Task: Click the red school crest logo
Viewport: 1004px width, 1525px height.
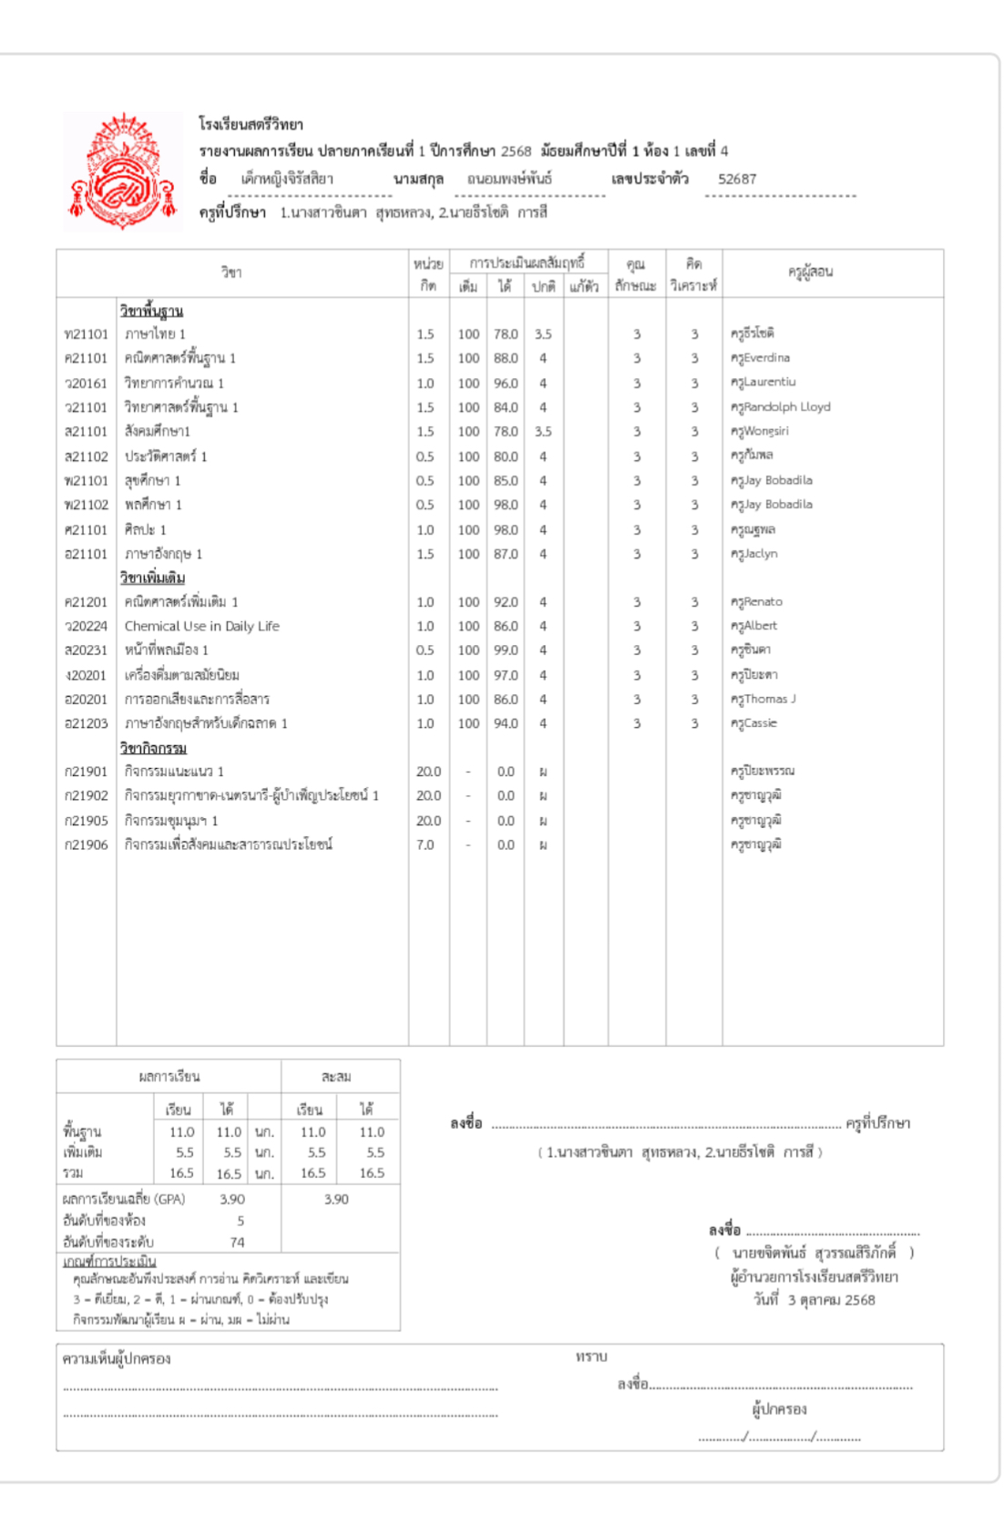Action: click(x=122, y=171)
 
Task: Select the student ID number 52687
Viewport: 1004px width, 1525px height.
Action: click(x=737, y=179)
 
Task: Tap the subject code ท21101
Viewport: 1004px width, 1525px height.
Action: click(x=86, y=334)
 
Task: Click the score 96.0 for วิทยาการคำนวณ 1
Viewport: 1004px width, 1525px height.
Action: click(x=506, y=384)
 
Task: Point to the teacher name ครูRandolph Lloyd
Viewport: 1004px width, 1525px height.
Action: click(x=781, y=407)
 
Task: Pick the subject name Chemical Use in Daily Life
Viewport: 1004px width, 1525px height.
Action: click(x=201, y=626)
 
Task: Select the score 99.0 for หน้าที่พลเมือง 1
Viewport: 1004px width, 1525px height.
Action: click(x=506, y=650)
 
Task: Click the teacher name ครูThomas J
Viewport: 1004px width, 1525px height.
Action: click(x=763, y=699)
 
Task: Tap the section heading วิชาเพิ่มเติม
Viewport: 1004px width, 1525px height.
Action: click(x=152, y=578)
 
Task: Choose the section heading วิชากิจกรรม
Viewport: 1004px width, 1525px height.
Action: click(x=153, y=748)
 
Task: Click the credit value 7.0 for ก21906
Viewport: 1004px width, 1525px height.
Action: click(x=425, y=844)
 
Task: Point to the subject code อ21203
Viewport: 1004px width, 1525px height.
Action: click(x=86, y=723)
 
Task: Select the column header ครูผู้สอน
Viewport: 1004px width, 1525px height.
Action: click(x=810, y=271)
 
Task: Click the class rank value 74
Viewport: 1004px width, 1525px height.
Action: click(x=237, y=1242)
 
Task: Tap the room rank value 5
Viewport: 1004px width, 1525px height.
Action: click(x=241, y=1221)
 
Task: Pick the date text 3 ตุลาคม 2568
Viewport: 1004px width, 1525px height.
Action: click(x=831, y=1300)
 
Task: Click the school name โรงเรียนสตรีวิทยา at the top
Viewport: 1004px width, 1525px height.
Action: click(x=251, y=124)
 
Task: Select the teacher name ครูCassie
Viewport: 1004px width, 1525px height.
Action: click(x=753, y=723)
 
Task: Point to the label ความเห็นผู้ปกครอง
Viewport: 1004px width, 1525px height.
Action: click(x=117, y=1358)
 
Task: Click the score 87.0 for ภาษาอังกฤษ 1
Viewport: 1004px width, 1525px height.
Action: click(x=506, y=554)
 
